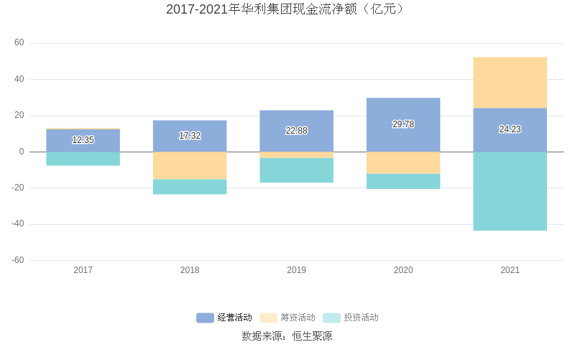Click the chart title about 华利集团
pos(287,9)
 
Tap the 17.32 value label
pos(190,136)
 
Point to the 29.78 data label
pos(403,124)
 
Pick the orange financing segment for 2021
pos(510,83)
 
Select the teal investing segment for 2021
pos(510,191)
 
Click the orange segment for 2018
pos(190,165)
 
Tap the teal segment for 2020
pos(403,181)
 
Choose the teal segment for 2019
pos(296,170)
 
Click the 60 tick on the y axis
pos(19,43)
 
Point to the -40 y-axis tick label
pos(17,223)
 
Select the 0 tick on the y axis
pos(22,152)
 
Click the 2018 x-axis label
pos(190,270)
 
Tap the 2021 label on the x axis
pos(510,270)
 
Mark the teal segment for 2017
pos(83,159)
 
